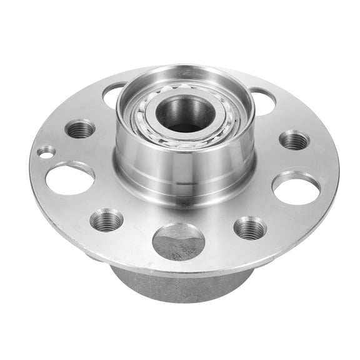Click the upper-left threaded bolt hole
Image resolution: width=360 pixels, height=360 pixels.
tap(81, 129)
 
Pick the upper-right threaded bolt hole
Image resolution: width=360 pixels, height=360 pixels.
tap(293, 140)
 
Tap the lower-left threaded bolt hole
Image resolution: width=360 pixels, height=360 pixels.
tap(106, 219)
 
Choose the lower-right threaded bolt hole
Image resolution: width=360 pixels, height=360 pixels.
tap(250, 227)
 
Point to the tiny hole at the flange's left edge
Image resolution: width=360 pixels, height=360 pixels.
tap(45, 151)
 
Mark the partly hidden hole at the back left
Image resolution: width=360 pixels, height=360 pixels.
tap(112, 95)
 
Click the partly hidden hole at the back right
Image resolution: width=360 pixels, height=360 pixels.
tap(262, 100)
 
